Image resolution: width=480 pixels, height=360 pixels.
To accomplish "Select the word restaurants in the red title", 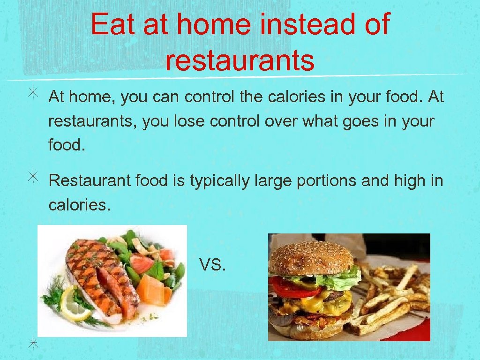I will point(240,61).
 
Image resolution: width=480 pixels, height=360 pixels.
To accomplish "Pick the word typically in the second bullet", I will point(219,180).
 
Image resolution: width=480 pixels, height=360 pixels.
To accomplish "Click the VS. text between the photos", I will point(213,266).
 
